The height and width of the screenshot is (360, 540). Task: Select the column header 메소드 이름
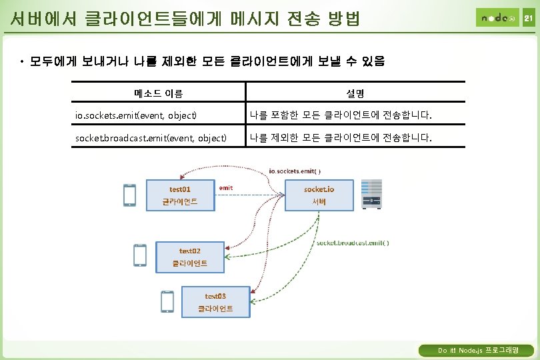coord(158,93)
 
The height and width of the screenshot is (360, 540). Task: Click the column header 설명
coord(355,93)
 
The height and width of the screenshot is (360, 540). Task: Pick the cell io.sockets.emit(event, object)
coord(136,116)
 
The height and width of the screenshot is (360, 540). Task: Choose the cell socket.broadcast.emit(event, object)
coord(151,139)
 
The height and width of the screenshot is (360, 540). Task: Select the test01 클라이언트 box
coord(180,195)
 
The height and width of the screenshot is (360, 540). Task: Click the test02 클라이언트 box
coord(190,257)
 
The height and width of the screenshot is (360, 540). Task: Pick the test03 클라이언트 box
coord(215,302)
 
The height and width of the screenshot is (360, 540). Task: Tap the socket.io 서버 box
coord(319,195)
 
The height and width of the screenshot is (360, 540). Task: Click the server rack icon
coord(371,194)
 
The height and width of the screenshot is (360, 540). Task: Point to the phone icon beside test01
coord(129,195)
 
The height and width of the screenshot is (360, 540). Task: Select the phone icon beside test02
coord(140,256)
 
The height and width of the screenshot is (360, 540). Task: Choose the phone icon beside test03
coord(167,301)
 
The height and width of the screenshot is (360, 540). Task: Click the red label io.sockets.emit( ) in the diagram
coord(295,171)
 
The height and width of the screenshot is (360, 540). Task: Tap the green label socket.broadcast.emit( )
coord(353,243)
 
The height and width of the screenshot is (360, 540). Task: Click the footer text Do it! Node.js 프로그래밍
coord(475,350)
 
